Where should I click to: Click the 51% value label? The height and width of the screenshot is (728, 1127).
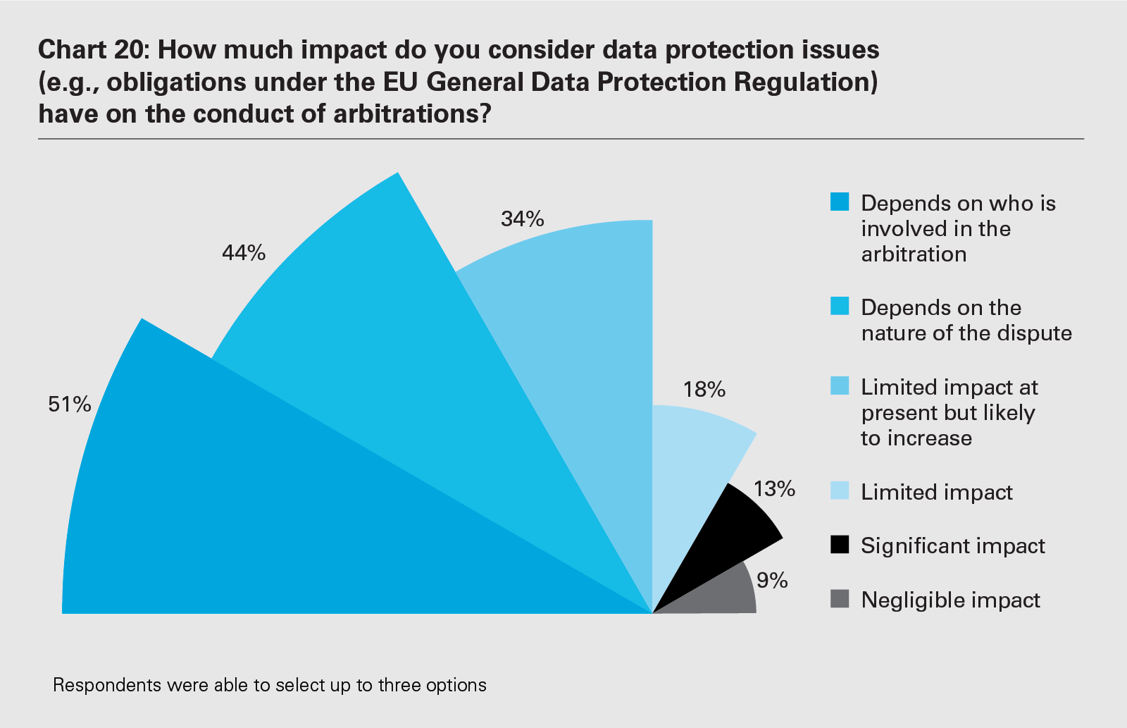[x=70, y=405]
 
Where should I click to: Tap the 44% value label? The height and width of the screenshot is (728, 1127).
[x=244, y=253]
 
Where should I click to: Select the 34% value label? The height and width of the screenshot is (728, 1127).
[x=523, y=219]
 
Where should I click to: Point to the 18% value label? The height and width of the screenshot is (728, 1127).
[x=704, y=390]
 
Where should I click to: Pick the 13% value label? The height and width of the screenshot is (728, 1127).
[x=774, y=488]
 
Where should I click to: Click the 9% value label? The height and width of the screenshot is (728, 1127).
[x=772, y=581]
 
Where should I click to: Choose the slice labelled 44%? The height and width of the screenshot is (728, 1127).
[x=394, y=338]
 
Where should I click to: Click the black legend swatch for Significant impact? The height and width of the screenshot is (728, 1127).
[x=840, y=545]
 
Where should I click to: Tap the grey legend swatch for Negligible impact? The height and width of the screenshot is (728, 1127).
[x=840, y=599]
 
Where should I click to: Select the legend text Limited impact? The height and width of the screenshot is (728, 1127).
[x=937, y=492]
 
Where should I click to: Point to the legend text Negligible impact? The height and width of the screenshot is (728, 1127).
[x=950, y=600]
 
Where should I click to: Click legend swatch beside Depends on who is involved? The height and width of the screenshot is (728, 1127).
[x=840, y=202]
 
